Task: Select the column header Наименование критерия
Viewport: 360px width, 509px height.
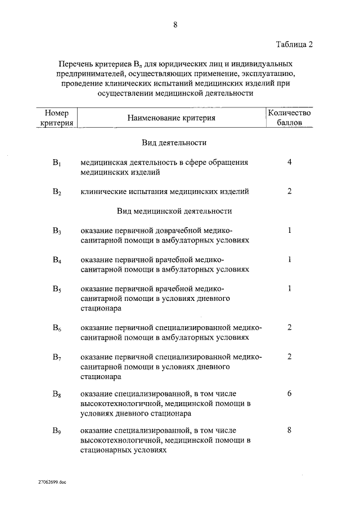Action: pos(171,118)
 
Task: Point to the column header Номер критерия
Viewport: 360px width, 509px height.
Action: pos(56,118)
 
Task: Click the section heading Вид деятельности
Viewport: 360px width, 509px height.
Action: pos(174,143)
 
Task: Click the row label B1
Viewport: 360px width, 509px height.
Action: pos(56,163)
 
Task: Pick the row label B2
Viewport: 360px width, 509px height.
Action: pos(56,192)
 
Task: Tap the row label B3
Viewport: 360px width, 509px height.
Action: pos(56,231)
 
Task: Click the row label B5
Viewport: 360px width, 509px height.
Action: pos(56,289)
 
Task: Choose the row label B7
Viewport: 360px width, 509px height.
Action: pos(56,358)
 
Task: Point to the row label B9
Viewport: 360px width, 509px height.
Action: pos(56,431)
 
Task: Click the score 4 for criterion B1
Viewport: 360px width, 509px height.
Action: pos(289,162)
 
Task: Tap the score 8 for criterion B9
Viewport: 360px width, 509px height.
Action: pos(289,430)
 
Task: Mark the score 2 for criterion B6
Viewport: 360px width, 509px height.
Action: pos(289,327)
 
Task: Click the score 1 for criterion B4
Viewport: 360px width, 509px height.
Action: pos(289,259)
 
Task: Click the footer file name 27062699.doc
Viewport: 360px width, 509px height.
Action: pos(52,482)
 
